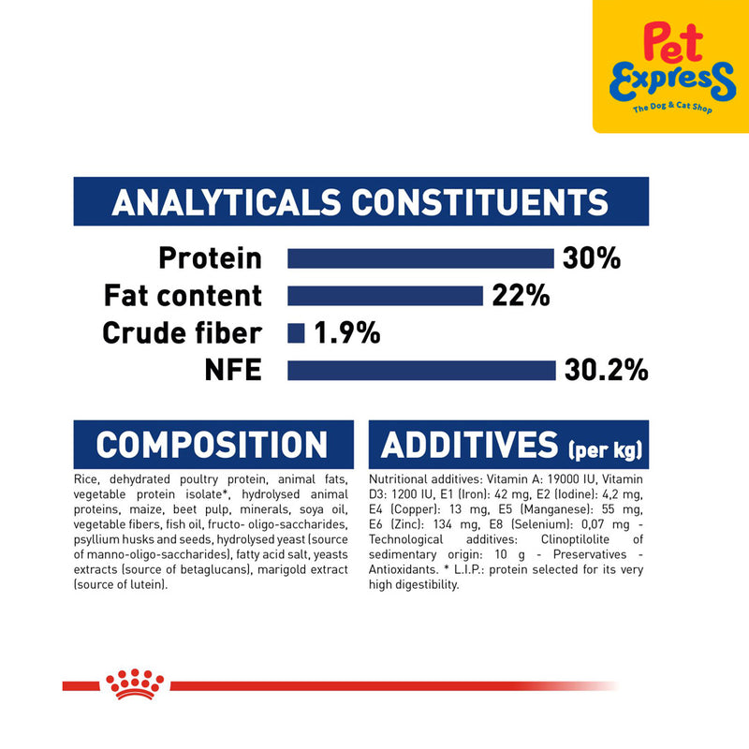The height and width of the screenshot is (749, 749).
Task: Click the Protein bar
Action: pos(420,258)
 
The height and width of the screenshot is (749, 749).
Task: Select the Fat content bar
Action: pos(385,296)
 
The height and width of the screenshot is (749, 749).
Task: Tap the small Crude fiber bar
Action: pos(296,333)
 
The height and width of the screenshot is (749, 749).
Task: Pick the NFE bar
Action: pos(421,370)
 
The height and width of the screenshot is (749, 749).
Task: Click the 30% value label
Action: pos(592,258)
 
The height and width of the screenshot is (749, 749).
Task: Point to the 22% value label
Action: pos(521,296)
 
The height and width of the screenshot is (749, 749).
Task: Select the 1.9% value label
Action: pos(347,333)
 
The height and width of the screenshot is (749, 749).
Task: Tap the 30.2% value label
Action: pos(606,370)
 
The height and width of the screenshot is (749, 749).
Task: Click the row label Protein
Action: pos(210,258)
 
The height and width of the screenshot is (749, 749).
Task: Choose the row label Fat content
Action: pos(183,296)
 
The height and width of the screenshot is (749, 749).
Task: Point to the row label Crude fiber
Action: pos(182,333)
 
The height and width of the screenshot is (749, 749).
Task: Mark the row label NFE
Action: pos(233,370)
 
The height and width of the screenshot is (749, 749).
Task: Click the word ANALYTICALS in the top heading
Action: pos(227,202)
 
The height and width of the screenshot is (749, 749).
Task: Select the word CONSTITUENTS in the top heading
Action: pos(480,202)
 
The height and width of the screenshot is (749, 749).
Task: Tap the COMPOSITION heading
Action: pos(212,445)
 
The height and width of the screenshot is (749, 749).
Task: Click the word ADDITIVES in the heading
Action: pos(470,445)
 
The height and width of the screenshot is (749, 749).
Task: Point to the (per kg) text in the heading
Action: pos(605,449)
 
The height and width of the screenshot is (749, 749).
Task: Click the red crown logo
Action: pos(135,683)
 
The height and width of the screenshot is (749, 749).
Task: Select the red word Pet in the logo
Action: pos(673,42)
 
